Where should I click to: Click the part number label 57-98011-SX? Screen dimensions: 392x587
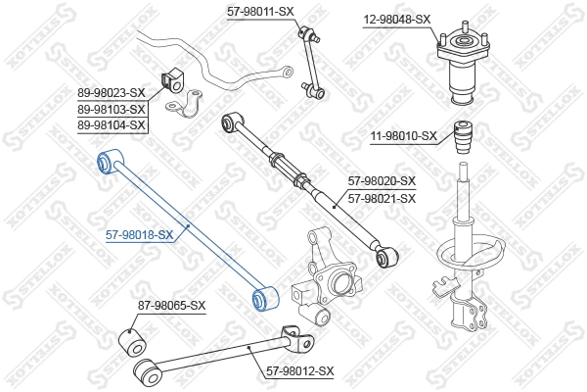click(x=260, y=11)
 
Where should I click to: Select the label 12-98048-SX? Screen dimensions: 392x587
click(x=396, y=19)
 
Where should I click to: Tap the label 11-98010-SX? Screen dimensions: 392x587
click(x=403, y=135)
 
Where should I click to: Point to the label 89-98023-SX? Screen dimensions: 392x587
click(x=112, y=93)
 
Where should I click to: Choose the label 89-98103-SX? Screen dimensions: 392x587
click(x=112, y=109)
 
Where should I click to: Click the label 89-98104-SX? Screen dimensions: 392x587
click(x=112, y=124)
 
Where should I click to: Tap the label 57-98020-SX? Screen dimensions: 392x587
click(x=382, y=181)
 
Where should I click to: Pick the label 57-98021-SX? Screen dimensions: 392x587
click(x=382, y=198)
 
